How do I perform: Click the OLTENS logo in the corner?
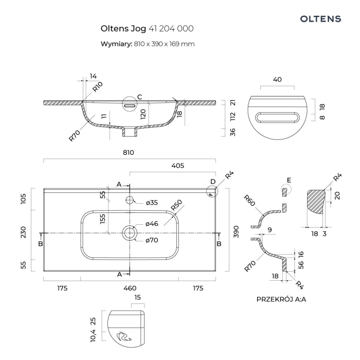point(320,19)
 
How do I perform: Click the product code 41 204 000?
point(171,29)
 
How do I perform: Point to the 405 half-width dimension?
point(177,166)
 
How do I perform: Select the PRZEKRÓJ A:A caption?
point(278,299)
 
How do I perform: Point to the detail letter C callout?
point(139,97)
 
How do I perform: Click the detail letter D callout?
point(212,181)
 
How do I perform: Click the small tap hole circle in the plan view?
point(129,200)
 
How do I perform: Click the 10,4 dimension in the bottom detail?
point(93,336)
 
